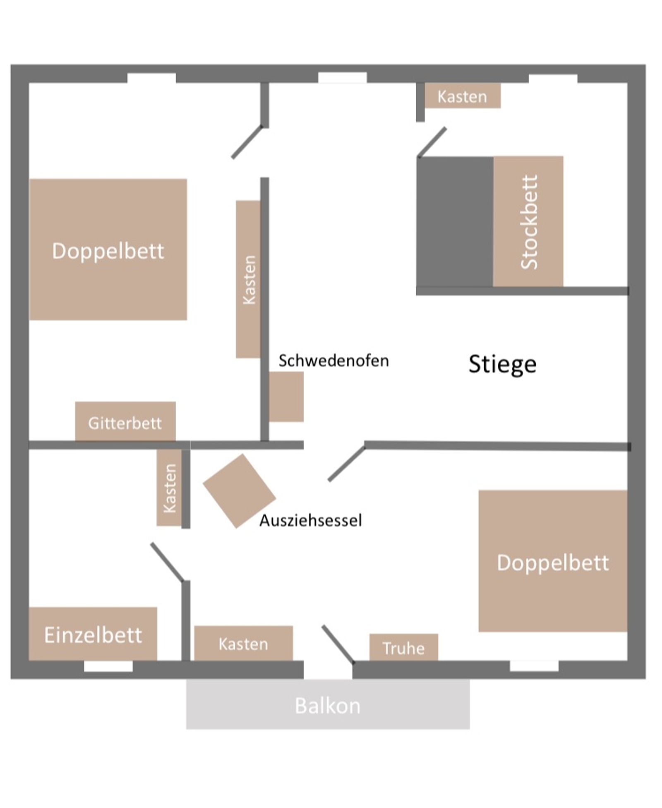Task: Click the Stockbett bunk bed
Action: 528,221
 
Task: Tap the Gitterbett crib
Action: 125,421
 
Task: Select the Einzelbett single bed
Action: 93,633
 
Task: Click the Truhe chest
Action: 403,647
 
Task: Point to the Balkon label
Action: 327,706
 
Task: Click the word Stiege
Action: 502,364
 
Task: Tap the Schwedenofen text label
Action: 333,361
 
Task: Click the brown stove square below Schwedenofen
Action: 286,397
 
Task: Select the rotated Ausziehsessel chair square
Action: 239,491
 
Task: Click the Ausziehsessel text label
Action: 310,520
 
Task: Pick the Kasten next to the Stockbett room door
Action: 462,96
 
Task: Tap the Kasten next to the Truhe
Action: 243,643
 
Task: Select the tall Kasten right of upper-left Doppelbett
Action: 248,279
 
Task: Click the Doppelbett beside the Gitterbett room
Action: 108,249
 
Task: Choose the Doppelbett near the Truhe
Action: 553,561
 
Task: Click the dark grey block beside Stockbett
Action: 455,221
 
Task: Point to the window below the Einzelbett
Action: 108,666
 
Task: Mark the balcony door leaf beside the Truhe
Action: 338,644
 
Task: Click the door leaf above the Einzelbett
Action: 167,562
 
